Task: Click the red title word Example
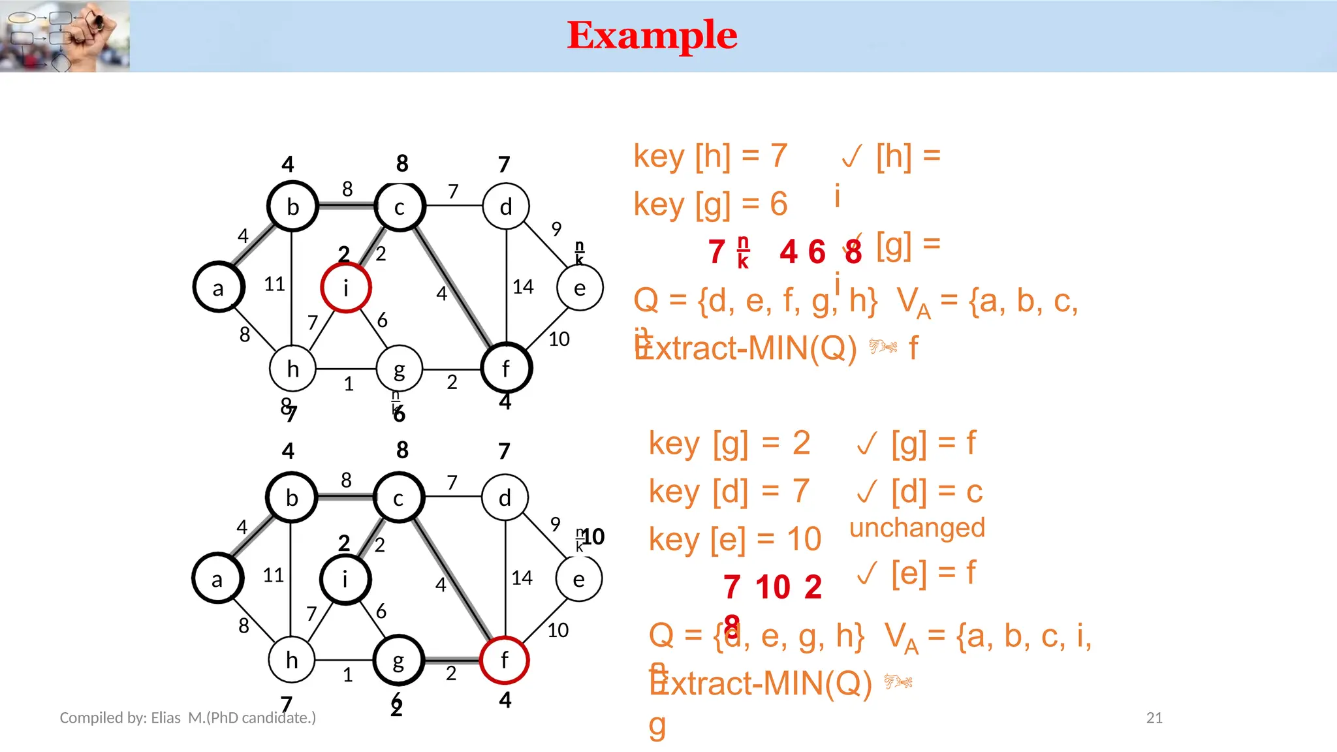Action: [x=652, y=35]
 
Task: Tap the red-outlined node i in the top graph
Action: [x=346, y=288]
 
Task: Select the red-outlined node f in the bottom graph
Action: [x=504, y=660]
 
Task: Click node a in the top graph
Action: [x=219, y=288]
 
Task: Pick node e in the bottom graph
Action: [x=578, y=579]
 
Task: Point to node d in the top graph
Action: [x=506, y=207]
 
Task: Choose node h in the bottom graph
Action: [x=292, y=660]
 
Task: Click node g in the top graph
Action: [x=399, y=369]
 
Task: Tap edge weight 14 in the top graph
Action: [x=523, y=287]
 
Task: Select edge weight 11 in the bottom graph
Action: [x=274, y=575]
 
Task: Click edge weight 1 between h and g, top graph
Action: [x=349, y=384]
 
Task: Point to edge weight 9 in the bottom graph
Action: [x=555, y=524]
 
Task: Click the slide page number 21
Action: [x=1154, y=718]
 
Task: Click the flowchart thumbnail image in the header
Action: [x=65, y=36]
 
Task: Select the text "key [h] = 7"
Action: [x=710, y=156]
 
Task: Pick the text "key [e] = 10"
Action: [x=734, y=539]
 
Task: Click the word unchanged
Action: [x=917, y=527]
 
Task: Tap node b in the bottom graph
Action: [x=292, y=498]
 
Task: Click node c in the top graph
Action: [x=400, y=207]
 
